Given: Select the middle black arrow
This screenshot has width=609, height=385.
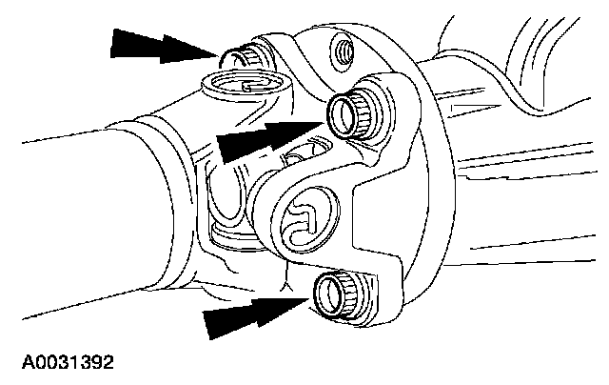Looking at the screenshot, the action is point(262,139).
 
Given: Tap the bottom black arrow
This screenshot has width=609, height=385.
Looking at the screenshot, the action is point(251,314).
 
